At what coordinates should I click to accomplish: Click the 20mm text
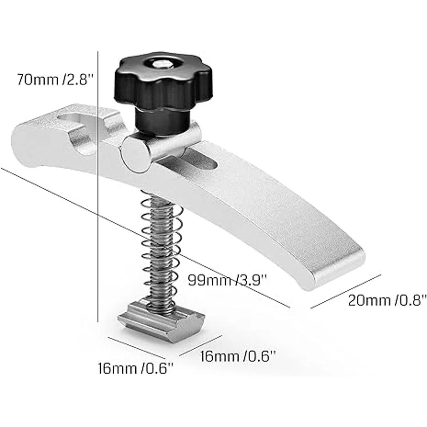(367, 301)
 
